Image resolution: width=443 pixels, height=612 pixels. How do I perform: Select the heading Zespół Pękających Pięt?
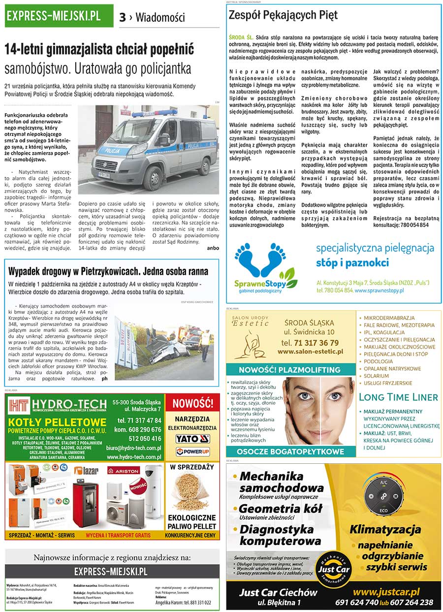click(283, 15)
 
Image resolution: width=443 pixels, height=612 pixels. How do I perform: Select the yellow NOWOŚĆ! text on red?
click(192, 404)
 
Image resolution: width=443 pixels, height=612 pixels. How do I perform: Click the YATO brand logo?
click(193, 439)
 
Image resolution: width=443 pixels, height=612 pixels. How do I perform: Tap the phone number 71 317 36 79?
click(310, 343)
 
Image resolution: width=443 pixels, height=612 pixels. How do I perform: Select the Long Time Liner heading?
click(398, 397)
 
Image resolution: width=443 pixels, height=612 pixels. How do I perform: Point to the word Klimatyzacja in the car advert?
click(385, 530)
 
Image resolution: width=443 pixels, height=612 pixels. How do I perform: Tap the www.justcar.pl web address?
click(386, 592)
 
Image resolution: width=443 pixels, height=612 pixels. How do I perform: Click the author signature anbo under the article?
click(213, 248)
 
